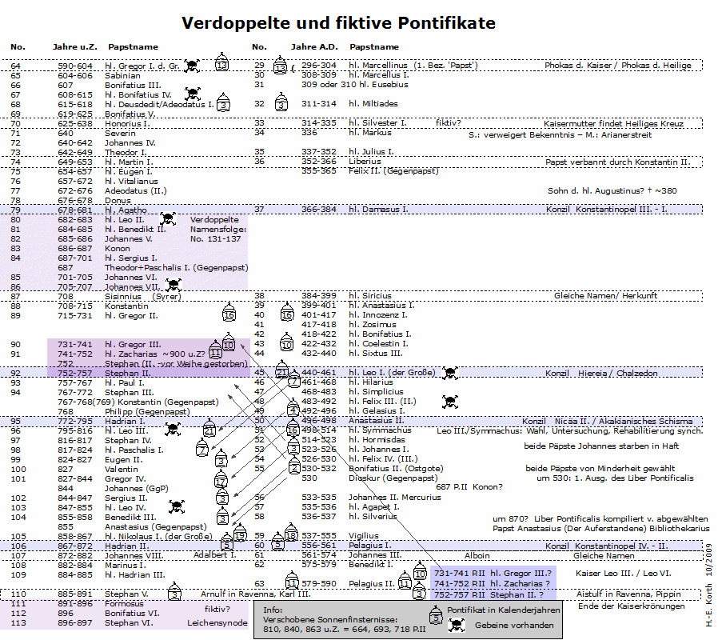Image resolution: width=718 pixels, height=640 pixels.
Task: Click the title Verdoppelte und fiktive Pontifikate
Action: (x=338, y=22)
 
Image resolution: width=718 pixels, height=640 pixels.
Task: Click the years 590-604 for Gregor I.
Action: (x=75, y=66)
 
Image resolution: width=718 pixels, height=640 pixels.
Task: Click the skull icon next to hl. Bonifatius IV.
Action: (x=192, y=94)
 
